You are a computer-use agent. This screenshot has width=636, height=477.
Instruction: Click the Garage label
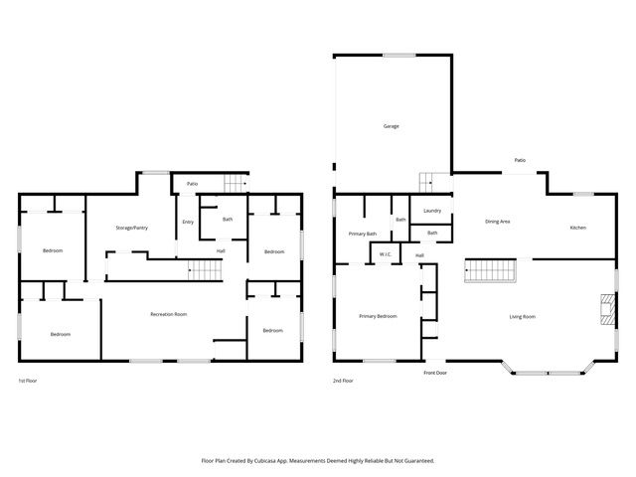(x=392, y=126)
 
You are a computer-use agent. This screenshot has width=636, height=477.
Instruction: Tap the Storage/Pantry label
(x=131, y=228)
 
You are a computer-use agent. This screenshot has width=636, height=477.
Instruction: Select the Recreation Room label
(x=169, y=314)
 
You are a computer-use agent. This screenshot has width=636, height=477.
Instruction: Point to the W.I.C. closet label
(x=385, y=255)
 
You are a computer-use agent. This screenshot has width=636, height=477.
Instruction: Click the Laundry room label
(x=432, y=211)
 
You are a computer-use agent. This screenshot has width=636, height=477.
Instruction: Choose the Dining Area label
(x=497, y=222)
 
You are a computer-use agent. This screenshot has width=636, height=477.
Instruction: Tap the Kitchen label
(x=577, y=228)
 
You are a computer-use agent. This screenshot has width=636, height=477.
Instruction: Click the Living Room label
(x=523, y=316)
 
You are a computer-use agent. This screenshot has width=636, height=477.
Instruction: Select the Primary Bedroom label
(x=379, y=316)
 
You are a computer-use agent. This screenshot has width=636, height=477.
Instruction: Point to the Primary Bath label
(x=363, y=234)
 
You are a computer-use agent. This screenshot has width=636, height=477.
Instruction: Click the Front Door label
(x=435, y=373)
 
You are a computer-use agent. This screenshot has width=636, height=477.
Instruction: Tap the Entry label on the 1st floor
(x=188, y=222)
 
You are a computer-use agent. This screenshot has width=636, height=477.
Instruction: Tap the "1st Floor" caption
(x=28, y=381)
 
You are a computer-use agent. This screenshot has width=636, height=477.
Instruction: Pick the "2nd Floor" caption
(x=343, y=381)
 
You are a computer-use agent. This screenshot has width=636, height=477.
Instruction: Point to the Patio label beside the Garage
(x=520, y=160)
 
